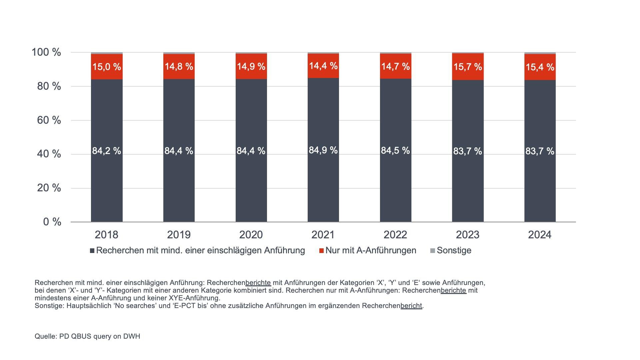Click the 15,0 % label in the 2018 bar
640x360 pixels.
(x=107, y=67)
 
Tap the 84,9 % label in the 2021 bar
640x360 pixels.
(x=323, y=150)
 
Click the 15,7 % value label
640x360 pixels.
(x=468, y=67)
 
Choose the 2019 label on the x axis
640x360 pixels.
(x=179, y=235)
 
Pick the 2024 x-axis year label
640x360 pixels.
(x=540, y=235)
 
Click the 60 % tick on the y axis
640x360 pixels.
(x=49, y=120)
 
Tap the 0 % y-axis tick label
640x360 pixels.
(x=52, y=222)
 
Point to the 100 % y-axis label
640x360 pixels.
(x=46, y=52)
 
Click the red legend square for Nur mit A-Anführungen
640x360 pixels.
(x=321, y=251)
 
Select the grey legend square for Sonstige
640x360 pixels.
(x=433, y=251)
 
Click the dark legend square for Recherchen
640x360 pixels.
(x=92, y=251)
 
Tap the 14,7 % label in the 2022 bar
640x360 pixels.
(x=395, y=67)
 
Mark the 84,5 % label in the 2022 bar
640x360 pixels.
(x=395, y=151)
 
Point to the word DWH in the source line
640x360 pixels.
(x=132, y=336)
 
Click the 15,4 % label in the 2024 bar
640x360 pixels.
(x=540, y=67)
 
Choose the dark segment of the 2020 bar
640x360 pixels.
(x=251, y=187)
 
